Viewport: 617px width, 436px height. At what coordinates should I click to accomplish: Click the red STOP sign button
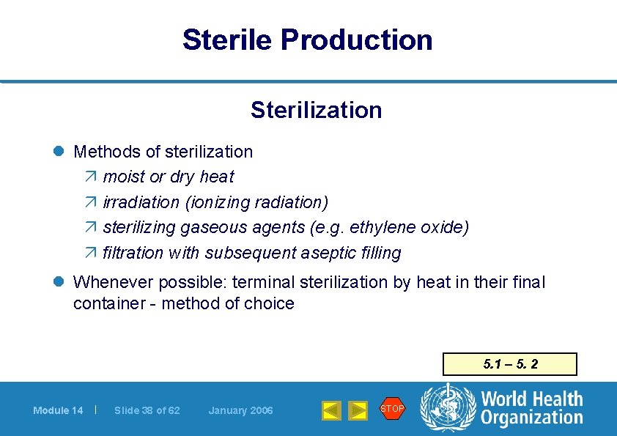click(x=392, y=409)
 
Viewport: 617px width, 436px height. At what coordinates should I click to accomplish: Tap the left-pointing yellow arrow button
click(x=331, y=410)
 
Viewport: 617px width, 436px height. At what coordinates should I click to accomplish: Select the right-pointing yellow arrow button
click(x=358, y=410)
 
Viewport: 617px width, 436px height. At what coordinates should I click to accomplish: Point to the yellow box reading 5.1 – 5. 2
click(x=510, y=364)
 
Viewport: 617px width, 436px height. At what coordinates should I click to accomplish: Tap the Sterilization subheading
click(x=316, y=110)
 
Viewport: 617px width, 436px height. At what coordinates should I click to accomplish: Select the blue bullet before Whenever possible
click(x=62, y=282)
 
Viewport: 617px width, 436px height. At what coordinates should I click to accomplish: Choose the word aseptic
click(x=335, y=253)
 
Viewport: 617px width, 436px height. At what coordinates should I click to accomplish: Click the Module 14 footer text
click(x=58, y=410)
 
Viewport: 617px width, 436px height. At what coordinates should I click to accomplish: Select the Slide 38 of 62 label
click(x=147, y=410)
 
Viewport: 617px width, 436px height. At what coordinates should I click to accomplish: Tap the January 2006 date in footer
click(x=240, y=410)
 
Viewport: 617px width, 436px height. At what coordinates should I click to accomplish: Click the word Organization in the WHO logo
click(x=531, y=418)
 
